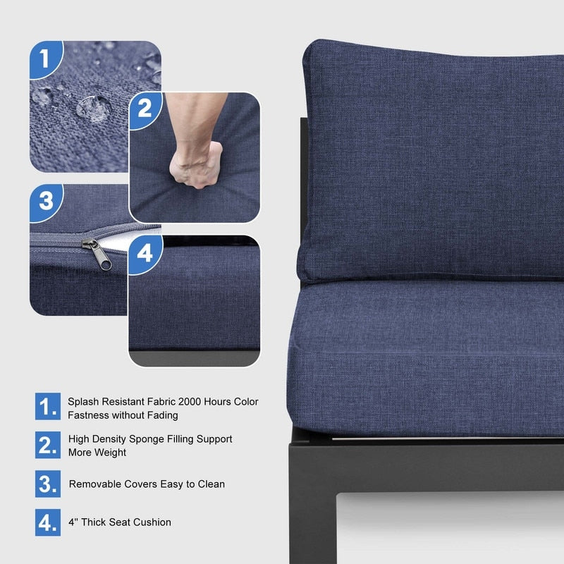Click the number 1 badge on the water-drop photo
(x=46, y=59)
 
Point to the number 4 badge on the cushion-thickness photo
(x=145, y=255)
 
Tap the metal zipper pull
(x=98, y=254)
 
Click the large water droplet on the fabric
(x=94, y=109)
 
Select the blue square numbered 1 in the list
(x=48, y=407)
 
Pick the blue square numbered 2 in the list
(x=48, y=445)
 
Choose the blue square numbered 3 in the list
(x=48, y=484)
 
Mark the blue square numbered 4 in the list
(x=48, y=522)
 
